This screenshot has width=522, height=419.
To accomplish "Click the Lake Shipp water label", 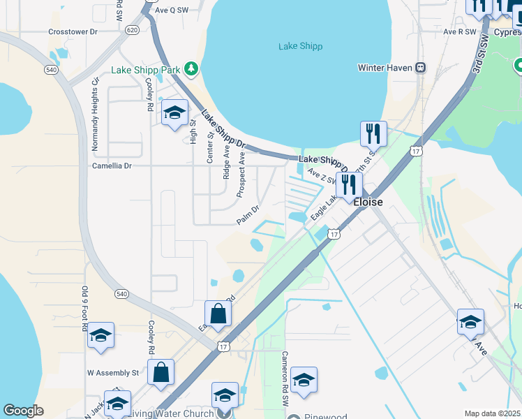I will click(x=300, y=47).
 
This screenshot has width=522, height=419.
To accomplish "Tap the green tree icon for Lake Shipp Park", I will click(x=190, y=69).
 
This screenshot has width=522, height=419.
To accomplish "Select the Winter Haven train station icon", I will click(x=421, y=68).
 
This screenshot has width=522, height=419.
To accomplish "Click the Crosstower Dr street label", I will click(x=73, y=32).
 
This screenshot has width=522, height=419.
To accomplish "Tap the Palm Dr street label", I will click(x=248, y=214).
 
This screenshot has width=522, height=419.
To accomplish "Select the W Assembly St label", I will click(x=112, y=374).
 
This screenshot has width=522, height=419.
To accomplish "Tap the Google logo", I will click(x=23, y=411).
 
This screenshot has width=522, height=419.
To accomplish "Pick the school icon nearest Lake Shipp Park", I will click(x=174, y=113).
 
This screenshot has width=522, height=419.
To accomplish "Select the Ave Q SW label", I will click(x=172, y=10).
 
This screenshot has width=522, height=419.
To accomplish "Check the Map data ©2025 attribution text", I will click(x=493, y=413).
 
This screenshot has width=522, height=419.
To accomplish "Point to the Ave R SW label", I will click(x=458, y=32).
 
